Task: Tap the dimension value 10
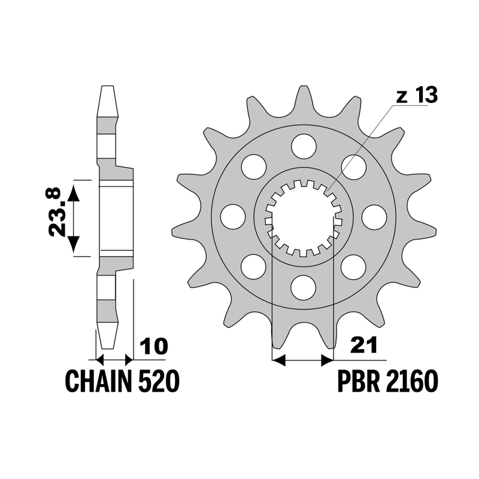(x=154, y=347)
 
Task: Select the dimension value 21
(x=363, y=345)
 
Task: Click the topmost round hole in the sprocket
(x=304, y=146)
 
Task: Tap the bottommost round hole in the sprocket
(x=304, y=287)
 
